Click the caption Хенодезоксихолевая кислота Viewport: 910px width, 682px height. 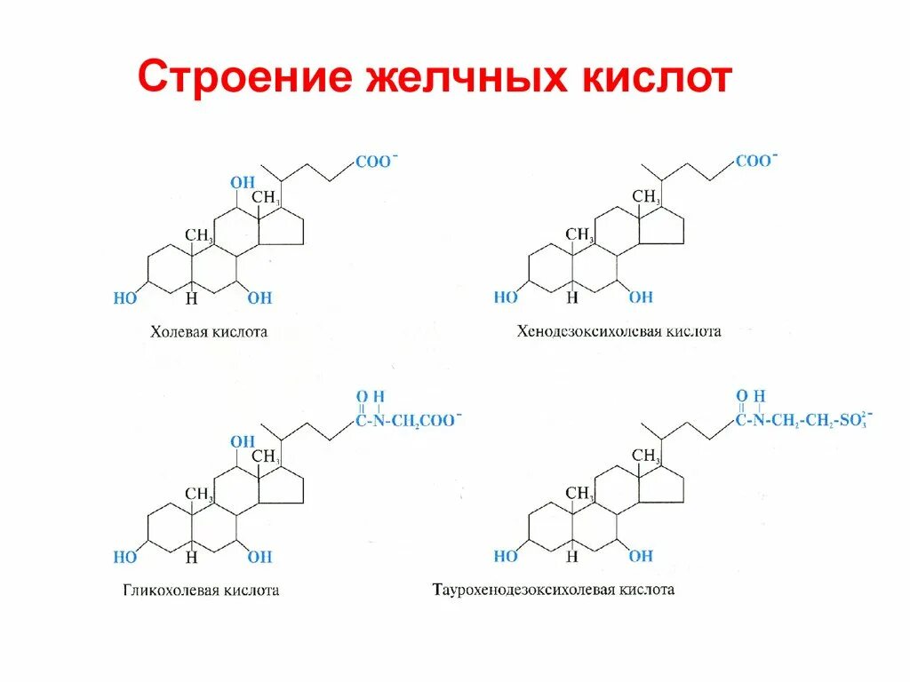click(619, 331)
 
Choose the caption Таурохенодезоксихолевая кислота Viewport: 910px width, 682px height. click(554, 590)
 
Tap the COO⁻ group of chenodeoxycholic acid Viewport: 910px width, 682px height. click(754, 162)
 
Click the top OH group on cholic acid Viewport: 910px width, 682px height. click(242, 183)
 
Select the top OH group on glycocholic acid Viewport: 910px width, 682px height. click(242, 441)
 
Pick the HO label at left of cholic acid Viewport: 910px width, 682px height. click(125, 298)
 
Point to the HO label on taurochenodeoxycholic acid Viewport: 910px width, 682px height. click(506, 557)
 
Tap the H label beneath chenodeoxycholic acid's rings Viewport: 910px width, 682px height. click(572, 298)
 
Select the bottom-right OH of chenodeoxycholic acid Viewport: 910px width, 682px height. click(640, 298)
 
